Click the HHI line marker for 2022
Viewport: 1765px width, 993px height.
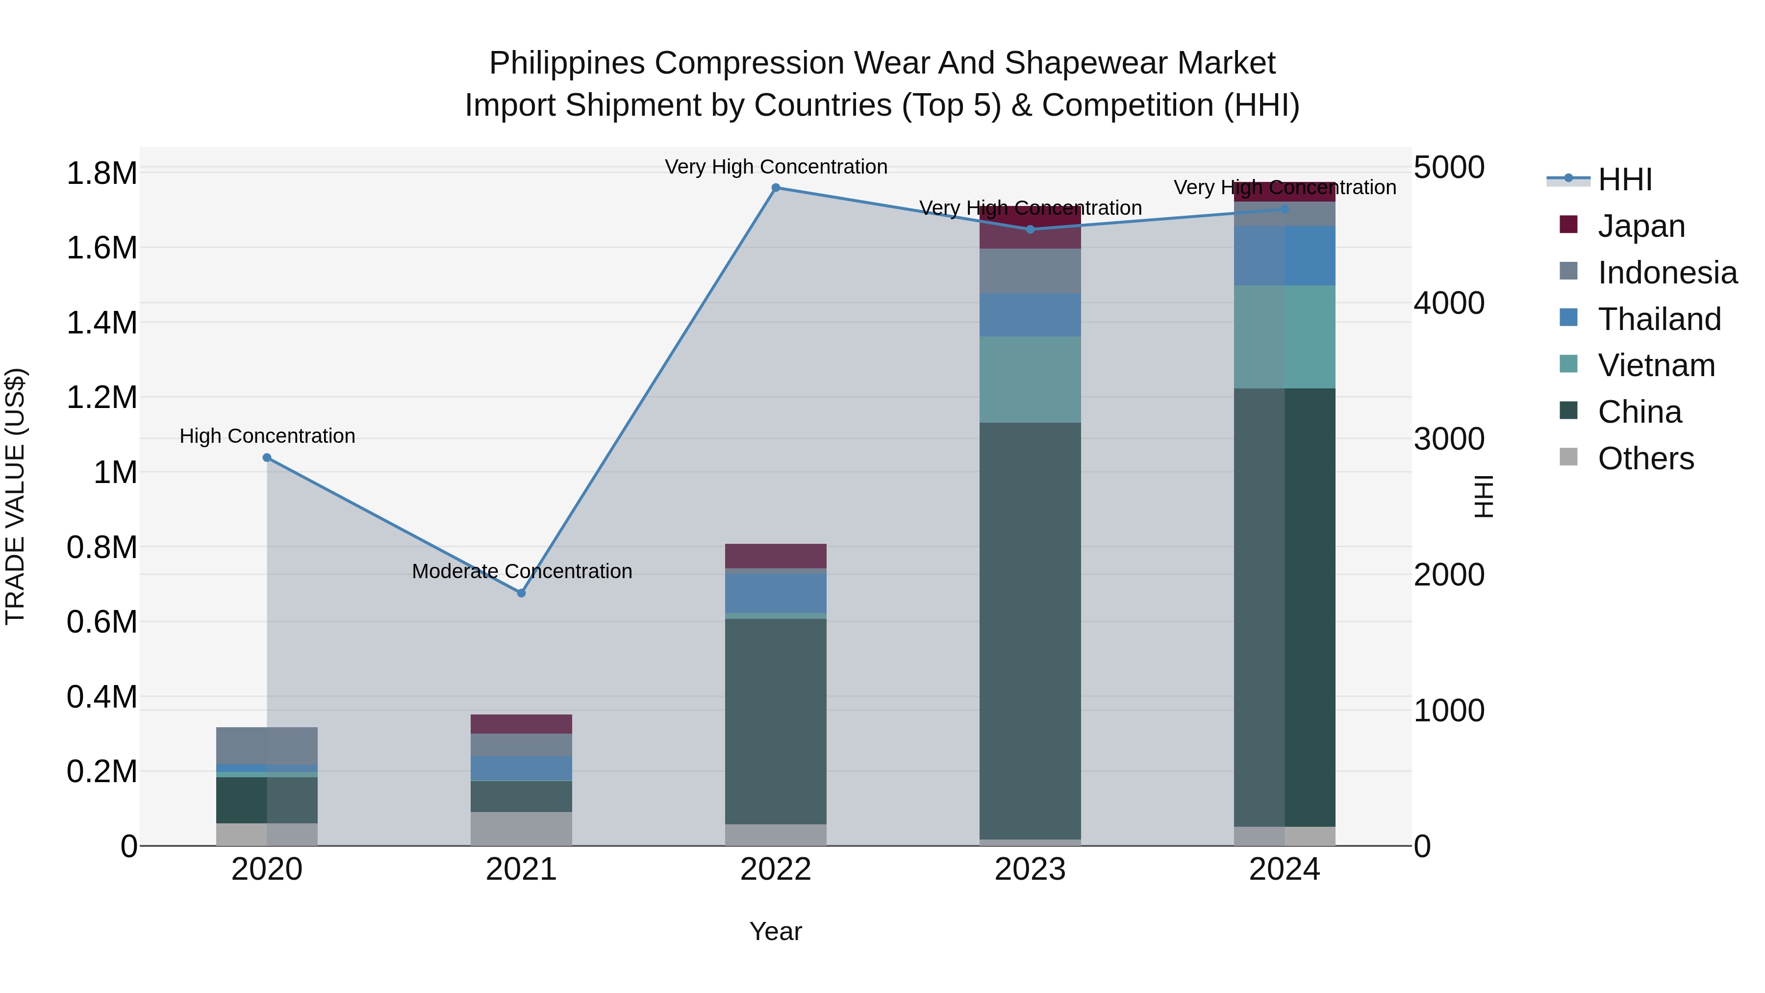tap(776, 188)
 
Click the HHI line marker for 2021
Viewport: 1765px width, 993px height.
tap(522, 593)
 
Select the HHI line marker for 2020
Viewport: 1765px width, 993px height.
tap(267, 458)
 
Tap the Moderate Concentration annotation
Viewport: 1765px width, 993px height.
tap(522, 571)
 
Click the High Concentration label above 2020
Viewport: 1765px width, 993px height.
tap(267, 436)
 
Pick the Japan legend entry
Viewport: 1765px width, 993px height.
tap(1640, 226)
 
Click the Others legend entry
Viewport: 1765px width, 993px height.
tap(1644, 458)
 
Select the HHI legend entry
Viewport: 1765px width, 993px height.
tap(1624, 179)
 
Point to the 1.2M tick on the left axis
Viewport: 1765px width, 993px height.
tap(101, 398)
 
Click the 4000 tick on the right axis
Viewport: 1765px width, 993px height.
tap(1448, 303)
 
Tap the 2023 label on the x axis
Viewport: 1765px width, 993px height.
tap(1030, 869)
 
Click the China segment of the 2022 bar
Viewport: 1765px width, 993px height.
tap(776, 719)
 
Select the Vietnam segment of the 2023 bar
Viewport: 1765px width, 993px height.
tap(1030, 379)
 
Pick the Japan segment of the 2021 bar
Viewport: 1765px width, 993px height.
tap(522, 724)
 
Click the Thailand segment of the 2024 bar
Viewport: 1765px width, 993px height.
tap(1285, 255)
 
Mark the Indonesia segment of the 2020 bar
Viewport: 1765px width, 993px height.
tap(267, 745)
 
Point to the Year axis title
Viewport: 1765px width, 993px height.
tap(776, 931)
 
